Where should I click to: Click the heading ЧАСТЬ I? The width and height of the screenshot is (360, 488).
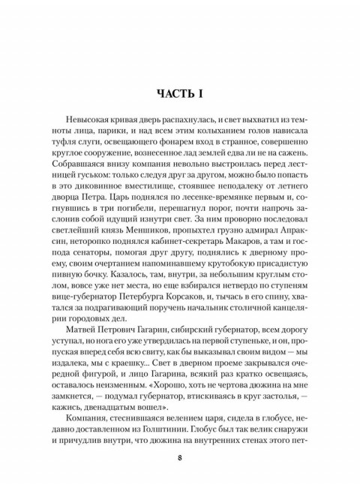tap(180, 94)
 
